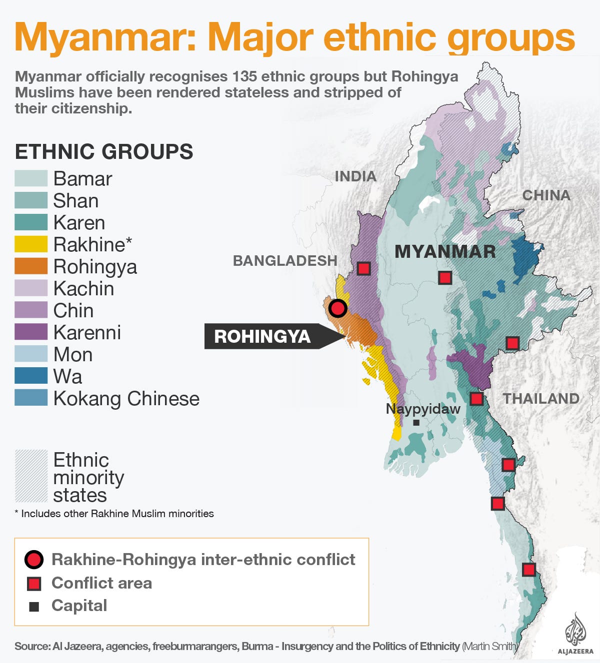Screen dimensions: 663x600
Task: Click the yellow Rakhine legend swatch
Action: pyautogui.click(x=31, y=244)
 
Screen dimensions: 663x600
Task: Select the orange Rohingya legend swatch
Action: pyautogui.click(x=31, y=266)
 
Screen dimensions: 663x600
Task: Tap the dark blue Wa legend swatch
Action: pyautogui.click(x=31, y=376)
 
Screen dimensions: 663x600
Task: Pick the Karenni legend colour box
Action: pyautogui.click(x=31, y=332)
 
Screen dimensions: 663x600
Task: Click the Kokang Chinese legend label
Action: pyautogui.click(x=126, y=399)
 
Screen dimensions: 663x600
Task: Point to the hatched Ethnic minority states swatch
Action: pyautogui.click(x=31, y=476)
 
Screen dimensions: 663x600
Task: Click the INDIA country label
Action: pyautogui.click(x=355, y=176)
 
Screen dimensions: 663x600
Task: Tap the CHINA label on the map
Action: pyautogui.click(x=546, y=195)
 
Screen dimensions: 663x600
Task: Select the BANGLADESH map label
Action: pyautogui.click(x=285, y=261)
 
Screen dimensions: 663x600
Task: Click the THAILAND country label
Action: pyautogui.click(x=541, y=399)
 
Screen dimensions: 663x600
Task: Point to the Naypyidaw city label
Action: pyautogui.click(x=423, y=409)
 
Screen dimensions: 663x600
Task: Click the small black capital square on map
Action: pyautogui.click(x=416, y=423)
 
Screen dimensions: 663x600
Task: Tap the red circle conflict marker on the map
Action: pyautogui.click(x=338, y=308)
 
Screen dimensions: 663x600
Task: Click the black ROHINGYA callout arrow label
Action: pyautogui.click(x=262, y=336)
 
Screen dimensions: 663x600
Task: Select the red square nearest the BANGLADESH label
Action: pyautogui.click(x=363, y=268)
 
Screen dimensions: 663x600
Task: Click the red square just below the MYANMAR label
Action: pyautogui.click(x=444, y=278)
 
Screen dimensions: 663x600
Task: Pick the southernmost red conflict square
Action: pyautogui.click(x=528, y=569)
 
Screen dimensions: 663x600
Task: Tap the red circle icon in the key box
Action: pyautogui.click(x=34, y=560)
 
